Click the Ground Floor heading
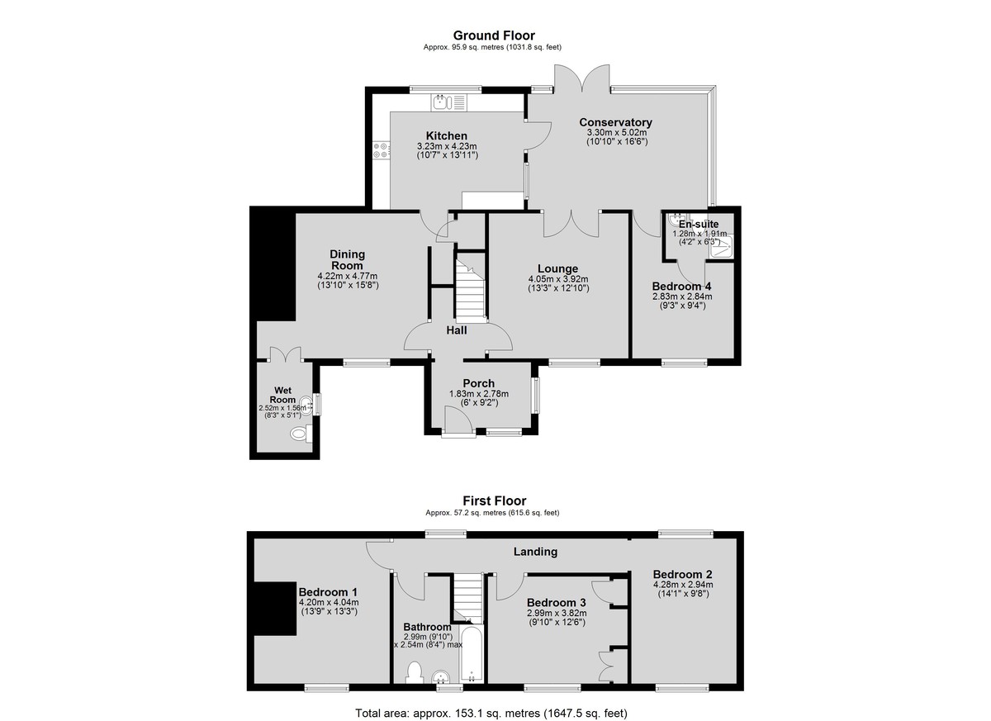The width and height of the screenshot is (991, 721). pyautogui.click(x=494, y=36)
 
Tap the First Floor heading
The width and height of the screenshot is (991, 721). pyautogui.click(x=494, y=500)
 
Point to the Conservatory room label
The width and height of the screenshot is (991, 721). pyautogui.click(x=615, y=122)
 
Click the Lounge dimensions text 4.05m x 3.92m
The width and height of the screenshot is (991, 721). pyautogui.click(x=558, y=279)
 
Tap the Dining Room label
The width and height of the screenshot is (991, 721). pyautogui.click(x=348, y=259)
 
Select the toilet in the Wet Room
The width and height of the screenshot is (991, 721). pyautogui.click(x=301, y=433)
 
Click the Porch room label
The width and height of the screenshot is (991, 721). pyautogui.click(x=479, y=383)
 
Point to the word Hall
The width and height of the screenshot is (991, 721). pyautogui.click(x=457, y=330)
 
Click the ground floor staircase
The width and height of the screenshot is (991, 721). pyautogui.click(x=471, y=287)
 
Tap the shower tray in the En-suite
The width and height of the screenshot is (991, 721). pyautogui.click(x=722, y=246)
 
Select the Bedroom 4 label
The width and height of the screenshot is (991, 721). pyautogui.click(x=682, y=287)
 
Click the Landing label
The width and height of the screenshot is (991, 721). pyautogui.click(x=535, y=552)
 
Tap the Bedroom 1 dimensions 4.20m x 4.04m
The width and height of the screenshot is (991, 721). pyautogui.click(x=329, y=602)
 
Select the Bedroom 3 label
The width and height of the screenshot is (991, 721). pyautogui.click(x=557, y=602)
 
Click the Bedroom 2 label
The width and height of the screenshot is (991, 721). pyautogui.click(x=683, y=574)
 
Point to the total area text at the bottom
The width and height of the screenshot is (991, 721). pyautogui.click(x=491, y=713)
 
